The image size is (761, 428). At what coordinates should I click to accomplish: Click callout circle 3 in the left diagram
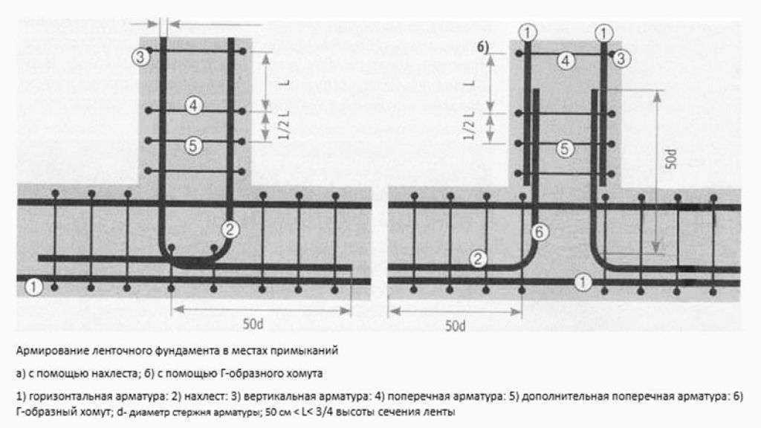click(x=140, y=57)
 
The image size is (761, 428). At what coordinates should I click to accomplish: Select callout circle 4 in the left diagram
click(x=194, y=106)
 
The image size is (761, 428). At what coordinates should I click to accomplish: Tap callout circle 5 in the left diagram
click(x=193, y=145)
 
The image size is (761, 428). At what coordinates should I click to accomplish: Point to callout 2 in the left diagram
click(x=230, y=229)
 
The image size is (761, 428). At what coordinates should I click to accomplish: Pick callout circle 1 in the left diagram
click(x=33, y=286)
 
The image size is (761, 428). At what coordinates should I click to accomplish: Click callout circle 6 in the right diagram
click(x=540, y=233)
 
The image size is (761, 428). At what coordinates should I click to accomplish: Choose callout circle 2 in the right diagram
click(x=478, y=259)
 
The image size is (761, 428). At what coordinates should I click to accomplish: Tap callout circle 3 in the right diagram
click(x=621, y=59)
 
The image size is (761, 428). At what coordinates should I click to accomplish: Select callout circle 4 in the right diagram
click(x=566, y=61)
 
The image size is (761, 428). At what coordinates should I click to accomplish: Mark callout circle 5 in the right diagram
click(x=565, y=149)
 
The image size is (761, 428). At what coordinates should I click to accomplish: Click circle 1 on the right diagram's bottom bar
click(x=583, y=282)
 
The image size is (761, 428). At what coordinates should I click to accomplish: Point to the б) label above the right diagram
click(x=483, y=47)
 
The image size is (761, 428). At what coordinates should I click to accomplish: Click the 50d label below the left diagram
click(x=253, y=324)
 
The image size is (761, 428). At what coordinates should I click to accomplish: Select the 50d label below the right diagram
click(x=456, y=325)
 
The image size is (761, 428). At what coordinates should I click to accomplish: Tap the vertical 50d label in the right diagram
click(x=670, y=159)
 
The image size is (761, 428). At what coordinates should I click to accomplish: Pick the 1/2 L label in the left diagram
click(x=284, y=125)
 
